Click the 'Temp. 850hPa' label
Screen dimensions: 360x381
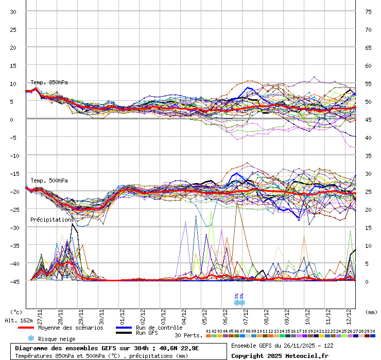(x=49, y=82)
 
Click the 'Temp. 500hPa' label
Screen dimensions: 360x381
(x=49, y=181)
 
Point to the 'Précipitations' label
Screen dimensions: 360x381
(x=52, y=220)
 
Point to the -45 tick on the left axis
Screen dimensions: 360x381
(x=14, y=281)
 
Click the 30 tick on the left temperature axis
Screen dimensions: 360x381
(x=13, y=11)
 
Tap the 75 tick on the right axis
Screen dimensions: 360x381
(x=369, y=11)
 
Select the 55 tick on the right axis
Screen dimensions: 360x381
(x=369, y=83)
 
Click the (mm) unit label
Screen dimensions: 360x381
(x=371, y=312)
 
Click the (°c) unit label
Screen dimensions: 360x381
(x=16, y=312)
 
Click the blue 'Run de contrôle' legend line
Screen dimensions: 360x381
(x=124, y=328)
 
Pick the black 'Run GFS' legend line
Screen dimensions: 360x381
(x=124, y=333)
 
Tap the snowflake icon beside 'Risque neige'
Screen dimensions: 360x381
(x=30, y=338)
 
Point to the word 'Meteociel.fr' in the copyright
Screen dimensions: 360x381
(x=306, y=356)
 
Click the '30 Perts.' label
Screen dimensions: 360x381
(x=187, y=335)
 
